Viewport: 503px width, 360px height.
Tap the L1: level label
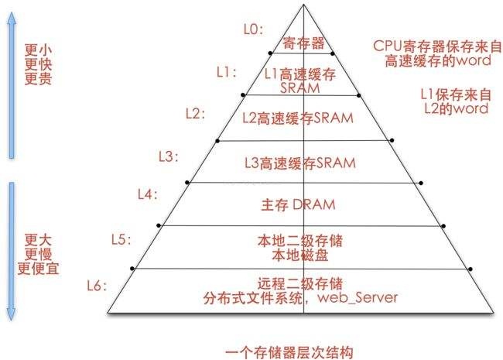coord(226,72)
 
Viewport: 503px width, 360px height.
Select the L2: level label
coord(196,113)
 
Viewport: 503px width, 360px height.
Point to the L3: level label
coord(167,156)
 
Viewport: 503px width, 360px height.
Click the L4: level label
coord(146,193)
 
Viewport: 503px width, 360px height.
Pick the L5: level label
coord(121,237)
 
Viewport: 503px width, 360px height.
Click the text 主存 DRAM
coord(294,205)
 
